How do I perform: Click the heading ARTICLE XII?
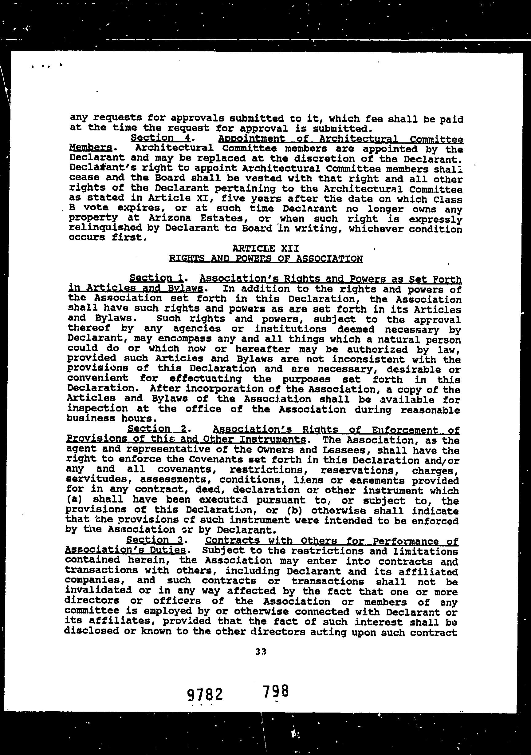point(265,248)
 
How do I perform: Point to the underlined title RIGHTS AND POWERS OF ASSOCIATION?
point(266,259)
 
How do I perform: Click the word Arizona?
point(166,218)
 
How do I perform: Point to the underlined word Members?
point(90,148)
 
